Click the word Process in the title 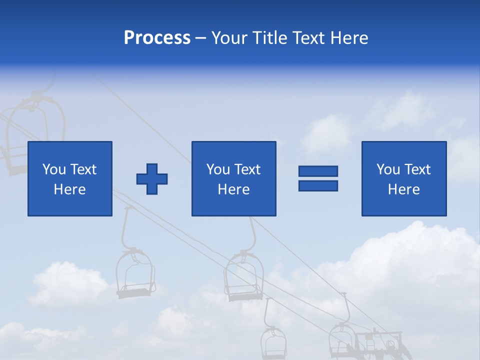(x=157, y=38)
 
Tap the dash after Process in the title (x=201, y=38)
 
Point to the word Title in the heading (x=271, y=38)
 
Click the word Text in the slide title (x=311, y=38)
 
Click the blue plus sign (x=152, y=178)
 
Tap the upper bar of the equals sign (x=318, y=171)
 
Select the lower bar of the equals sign (x=318, y=185)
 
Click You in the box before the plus (x=54, y=169)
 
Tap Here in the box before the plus (x=70, y=189)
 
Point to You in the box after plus (x=218, y=169)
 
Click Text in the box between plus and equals (x=247, y=169)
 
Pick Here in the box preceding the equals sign (x=234, y=189)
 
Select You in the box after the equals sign (x=388, y=169)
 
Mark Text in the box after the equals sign (x=417, y=169)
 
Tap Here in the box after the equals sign (x=404, y=189)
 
